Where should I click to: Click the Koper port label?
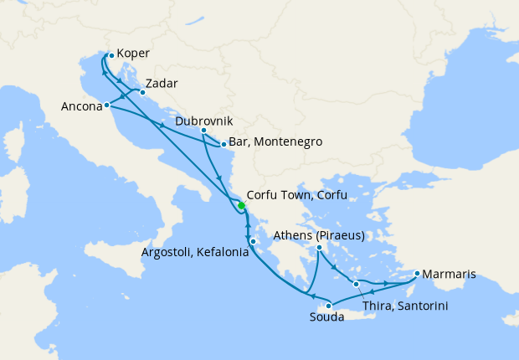(x=134, y=54)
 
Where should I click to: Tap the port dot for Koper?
(x=111, y=56)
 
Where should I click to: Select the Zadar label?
(x=161, y=84)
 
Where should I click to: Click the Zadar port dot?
(x=142, y=93)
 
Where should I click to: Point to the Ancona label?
(x=81, y=106)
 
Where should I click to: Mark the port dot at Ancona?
(x=107, y=105)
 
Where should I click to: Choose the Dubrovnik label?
(x=204, y=121)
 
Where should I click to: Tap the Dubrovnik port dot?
(x=203, y=131)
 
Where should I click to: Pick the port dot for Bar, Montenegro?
(x=224, y=145)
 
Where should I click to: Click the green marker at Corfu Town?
(x=241, y=205)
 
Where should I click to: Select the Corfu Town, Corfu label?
(x=297, y=195)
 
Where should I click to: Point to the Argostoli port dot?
(x=253, y=242)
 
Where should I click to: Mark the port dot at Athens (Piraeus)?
(x=320, y=247)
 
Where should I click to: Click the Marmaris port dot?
(x=417, y=272)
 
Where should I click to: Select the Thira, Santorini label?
(x=406, y=306)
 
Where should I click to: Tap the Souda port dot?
(x=329, y=305)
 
